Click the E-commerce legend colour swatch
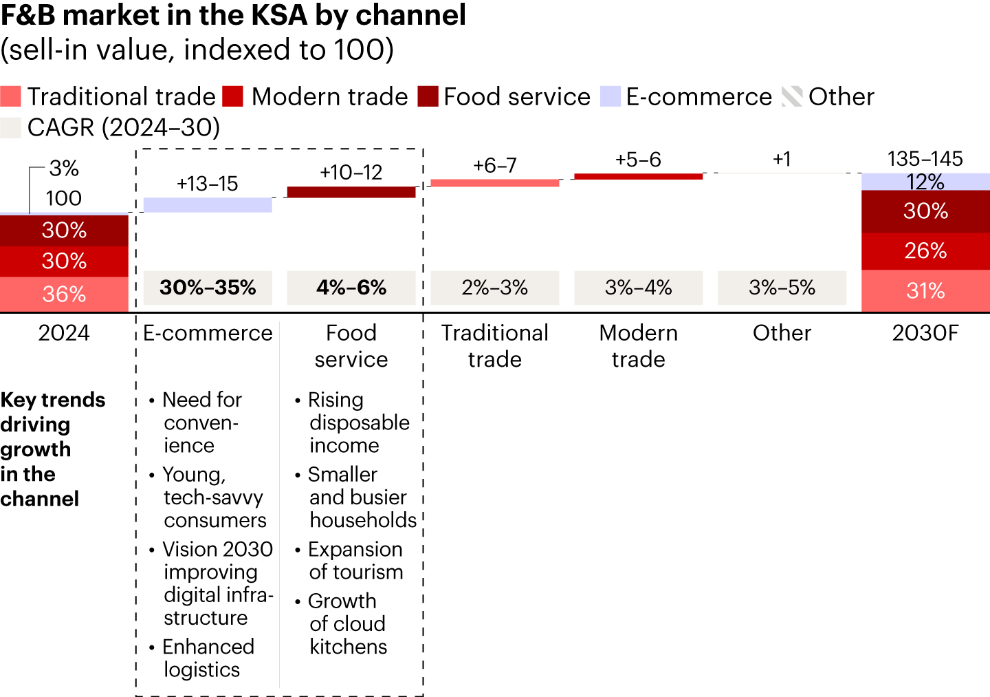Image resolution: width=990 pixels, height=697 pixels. click(610, 96)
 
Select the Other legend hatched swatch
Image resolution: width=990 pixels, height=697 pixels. click(792, 96)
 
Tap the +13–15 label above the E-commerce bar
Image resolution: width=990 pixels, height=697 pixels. click(207, 184)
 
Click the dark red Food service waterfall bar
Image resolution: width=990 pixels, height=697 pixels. click(351, 192)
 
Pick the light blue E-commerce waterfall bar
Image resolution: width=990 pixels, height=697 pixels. click(208, 204)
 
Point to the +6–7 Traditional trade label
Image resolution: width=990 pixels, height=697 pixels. click(495, 165)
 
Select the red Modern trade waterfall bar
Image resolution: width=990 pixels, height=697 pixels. click(638, 176)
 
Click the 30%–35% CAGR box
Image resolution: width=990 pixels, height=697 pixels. click(208, 288)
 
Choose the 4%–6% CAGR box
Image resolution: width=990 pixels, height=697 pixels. click(351, 288)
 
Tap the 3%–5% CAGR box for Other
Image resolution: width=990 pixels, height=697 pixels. click(782, 288)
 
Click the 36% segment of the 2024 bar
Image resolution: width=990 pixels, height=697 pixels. click(64, 294)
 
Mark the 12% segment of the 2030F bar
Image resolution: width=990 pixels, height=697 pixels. click(925, 182)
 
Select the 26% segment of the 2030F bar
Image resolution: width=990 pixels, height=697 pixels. click(925, 251)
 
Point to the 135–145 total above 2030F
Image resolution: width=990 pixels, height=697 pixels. click(925, 159)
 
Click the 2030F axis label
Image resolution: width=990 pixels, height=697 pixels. click(925, 333)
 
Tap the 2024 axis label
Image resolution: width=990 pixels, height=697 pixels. click(64, 333)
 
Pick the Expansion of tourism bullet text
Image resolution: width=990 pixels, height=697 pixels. click(355, 560)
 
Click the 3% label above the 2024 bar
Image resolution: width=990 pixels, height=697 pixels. click(64, 168)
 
